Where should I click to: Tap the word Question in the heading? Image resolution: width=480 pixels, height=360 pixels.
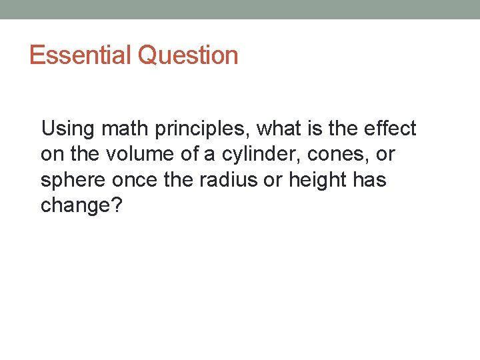(x=187, y=55)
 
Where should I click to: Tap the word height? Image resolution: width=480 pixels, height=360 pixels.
(x=318, y=180)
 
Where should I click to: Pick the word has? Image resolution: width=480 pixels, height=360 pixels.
(x=371, y=180)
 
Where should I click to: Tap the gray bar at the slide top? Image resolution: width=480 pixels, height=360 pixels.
(x=240, y=9)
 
